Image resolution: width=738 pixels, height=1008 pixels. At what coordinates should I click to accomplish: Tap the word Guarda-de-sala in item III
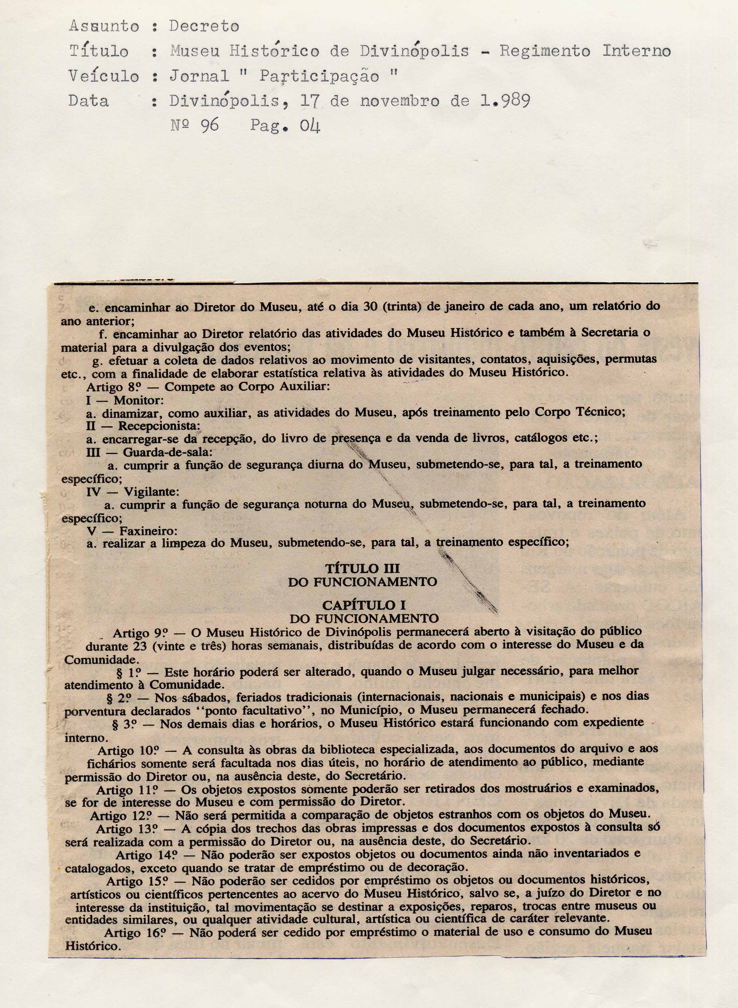coord(168,452)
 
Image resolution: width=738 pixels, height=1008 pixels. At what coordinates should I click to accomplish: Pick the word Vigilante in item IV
coord(151,492)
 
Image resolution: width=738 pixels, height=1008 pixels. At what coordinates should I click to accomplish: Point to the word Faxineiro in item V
coord(148,531)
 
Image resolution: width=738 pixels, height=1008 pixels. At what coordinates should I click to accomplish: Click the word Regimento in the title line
coord(544,52)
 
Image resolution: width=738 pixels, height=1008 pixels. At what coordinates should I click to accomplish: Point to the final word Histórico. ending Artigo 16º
coord(93,946)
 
